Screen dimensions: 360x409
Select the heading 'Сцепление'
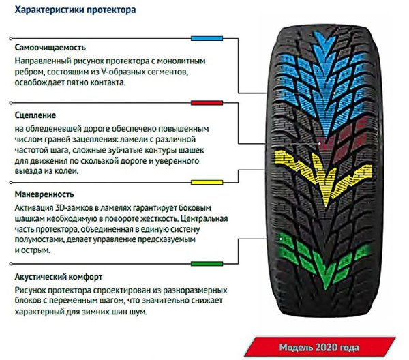[34, 115]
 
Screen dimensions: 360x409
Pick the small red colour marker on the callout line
[202, 103]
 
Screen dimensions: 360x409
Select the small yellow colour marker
[202, 182]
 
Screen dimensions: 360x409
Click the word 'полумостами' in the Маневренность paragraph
[39, 239]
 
